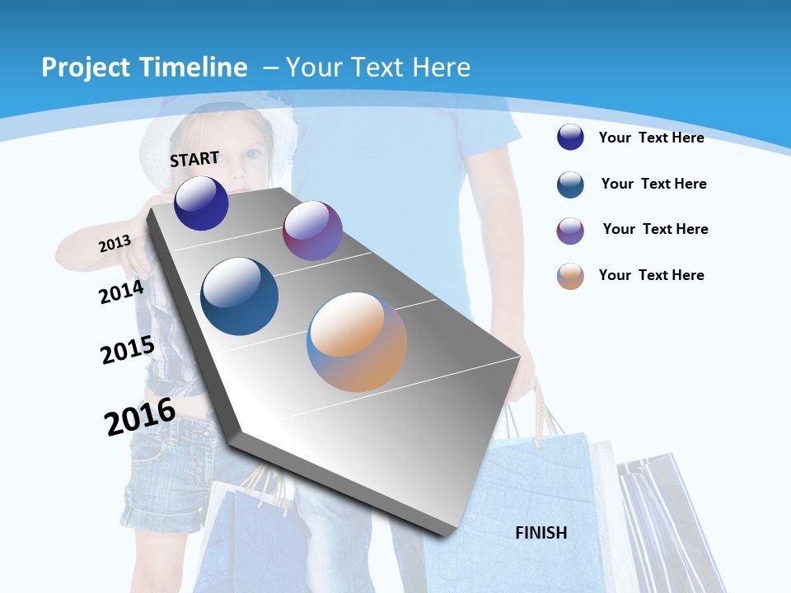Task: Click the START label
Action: pos(194,158)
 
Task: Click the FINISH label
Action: pos(541,533)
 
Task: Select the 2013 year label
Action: pos(115,244)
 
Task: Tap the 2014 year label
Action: pos(121,292)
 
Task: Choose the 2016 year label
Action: pos(140,417)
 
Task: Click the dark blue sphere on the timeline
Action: pos(201,203)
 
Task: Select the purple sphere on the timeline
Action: pos(312,231)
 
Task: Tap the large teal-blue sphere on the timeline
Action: pos(240,296)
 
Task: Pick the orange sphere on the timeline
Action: pos(357,342)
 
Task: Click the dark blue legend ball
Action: pos(570,138)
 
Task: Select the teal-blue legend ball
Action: pos(570,184)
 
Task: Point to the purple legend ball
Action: pos(570,231)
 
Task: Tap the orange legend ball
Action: pos(570,276)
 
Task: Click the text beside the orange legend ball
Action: pos(651,275)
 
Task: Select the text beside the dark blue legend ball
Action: pos(651,138)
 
